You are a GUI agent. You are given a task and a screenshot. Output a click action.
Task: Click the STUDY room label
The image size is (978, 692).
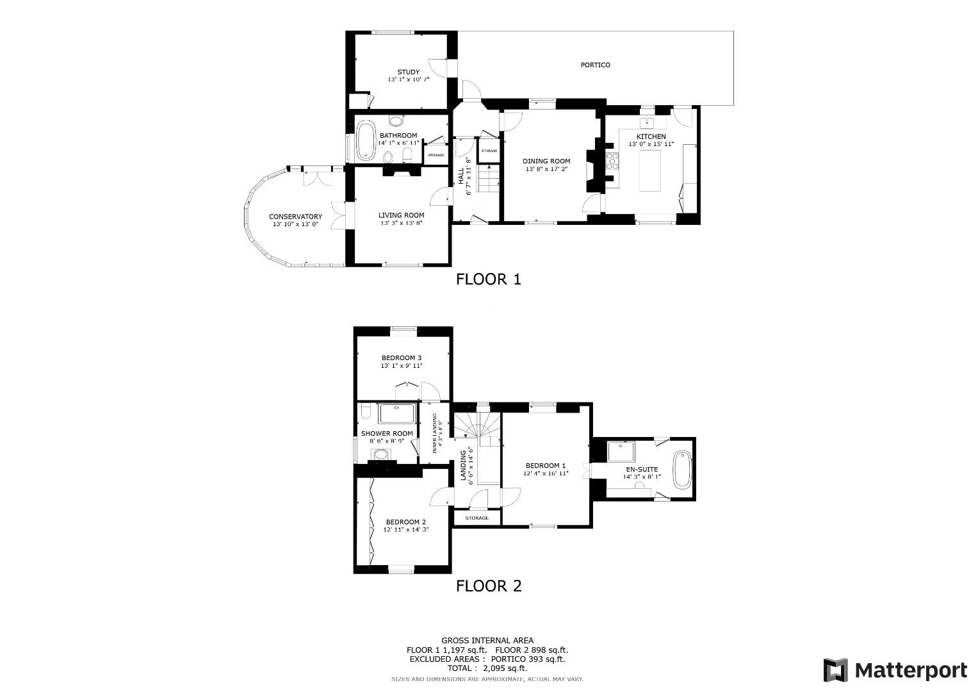[408, 72]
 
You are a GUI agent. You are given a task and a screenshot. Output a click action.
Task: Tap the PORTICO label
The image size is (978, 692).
[595, 65]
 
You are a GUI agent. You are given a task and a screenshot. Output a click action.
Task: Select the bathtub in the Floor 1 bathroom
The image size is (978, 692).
[366, 140]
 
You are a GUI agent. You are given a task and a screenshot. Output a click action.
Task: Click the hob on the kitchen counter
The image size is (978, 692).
[613, 161]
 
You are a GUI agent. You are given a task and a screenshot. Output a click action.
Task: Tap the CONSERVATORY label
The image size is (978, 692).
[295, 217]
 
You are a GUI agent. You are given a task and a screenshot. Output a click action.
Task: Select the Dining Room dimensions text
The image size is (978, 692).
[546, 170]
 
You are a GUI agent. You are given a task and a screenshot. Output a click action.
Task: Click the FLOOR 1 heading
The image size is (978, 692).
[488, 279]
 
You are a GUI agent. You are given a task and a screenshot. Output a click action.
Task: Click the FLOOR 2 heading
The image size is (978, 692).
[488, 586]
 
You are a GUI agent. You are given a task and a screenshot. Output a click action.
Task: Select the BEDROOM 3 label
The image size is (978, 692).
[402, 358]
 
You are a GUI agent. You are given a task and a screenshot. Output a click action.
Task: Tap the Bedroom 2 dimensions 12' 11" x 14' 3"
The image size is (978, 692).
[405, 530]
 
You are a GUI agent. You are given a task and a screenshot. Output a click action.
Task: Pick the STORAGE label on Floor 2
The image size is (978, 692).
[477, 518]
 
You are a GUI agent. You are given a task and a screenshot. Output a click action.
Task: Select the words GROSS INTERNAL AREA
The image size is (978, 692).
[487, 640]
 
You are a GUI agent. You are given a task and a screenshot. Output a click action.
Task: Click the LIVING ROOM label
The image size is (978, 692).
[401, 215]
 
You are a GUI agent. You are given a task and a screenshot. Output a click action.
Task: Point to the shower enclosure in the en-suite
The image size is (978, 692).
[619, 452]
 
